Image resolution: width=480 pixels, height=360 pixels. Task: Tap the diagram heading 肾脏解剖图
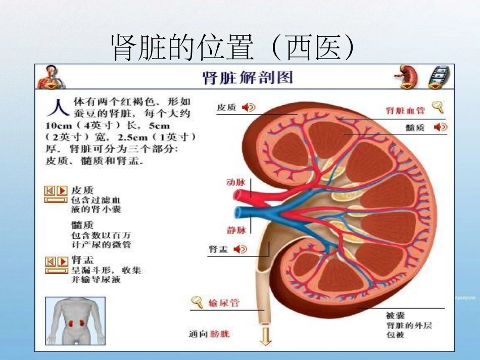[x=247, y=78]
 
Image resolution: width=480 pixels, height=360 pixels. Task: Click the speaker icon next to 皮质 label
[x=248, y=108]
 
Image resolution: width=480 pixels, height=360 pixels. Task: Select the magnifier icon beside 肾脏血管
[x=438, y=107]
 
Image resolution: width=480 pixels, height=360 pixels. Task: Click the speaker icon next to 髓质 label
[x=441, y=127]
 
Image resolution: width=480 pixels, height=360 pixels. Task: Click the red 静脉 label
[x=236, y=230]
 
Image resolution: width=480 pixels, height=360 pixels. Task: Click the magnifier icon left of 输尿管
[x=197, y=302]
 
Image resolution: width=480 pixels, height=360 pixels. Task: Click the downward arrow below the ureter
[x=265, y=336]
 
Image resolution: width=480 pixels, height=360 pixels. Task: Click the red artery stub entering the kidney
[x=245, y=194]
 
